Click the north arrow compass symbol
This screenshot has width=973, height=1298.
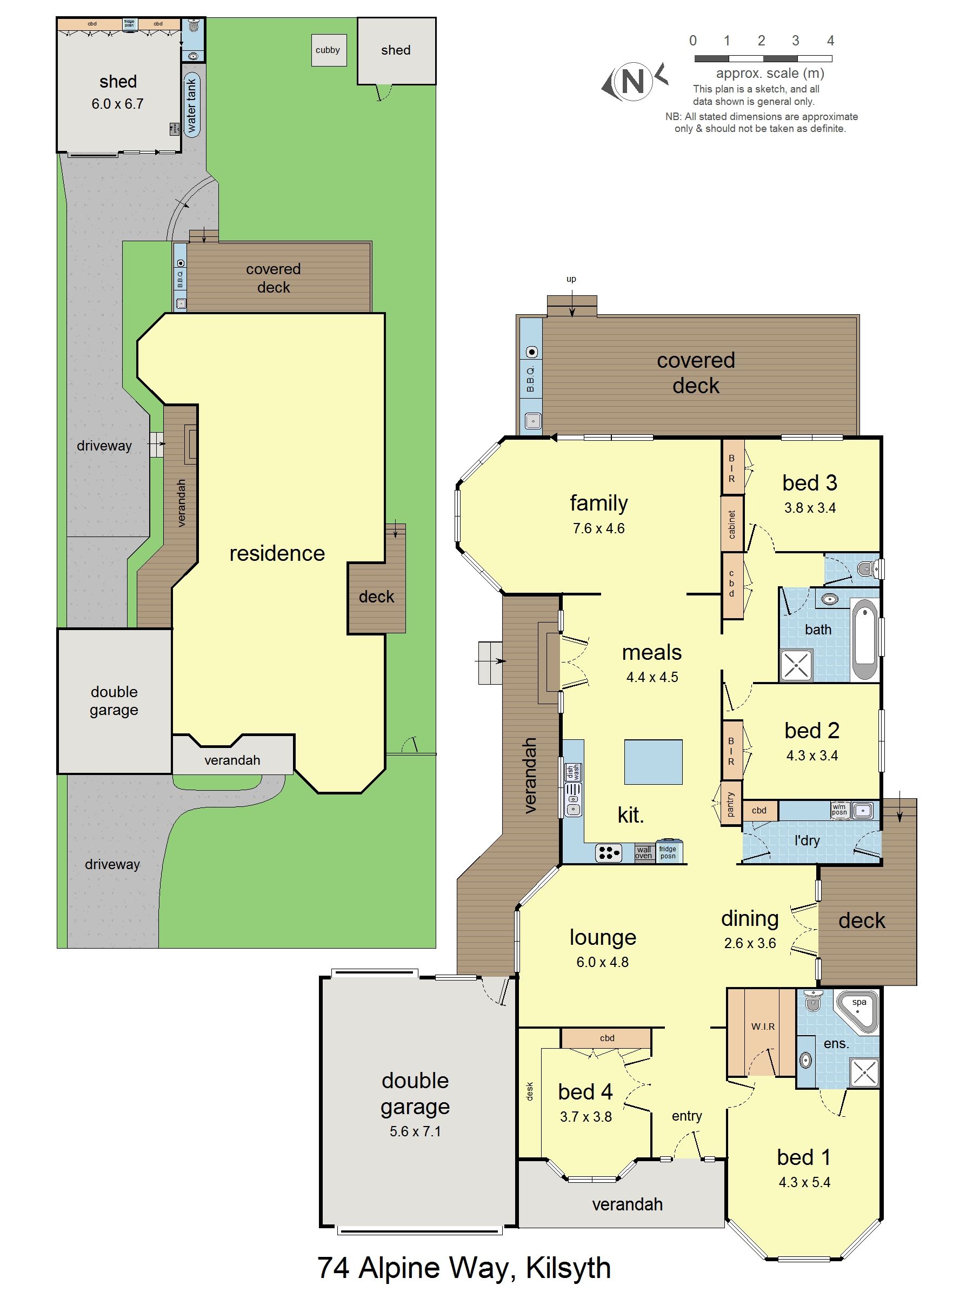coord(633,81)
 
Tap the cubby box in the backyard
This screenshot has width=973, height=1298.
coord(327,50)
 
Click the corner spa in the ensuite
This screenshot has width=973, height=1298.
coord(857,1012)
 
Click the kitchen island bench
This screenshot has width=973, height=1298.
coord(653,761)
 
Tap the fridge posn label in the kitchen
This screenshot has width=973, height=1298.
coord(668,852)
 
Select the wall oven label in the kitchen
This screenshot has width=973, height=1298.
coord(643,852)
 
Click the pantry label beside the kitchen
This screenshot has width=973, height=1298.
coord(730,804)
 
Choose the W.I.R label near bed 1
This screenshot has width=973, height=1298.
coord(762,1027)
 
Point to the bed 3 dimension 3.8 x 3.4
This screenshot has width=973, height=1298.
coord(809,508)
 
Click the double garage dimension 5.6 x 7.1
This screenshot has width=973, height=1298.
coord(415,1131)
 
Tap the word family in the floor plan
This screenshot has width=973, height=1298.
coord(598,503)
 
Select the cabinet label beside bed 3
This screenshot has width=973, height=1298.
coord(732,524)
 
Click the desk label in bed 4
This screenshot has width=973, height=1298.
coord(530,1090)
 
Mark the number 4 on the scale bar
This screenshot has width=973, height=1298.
coord(830,41)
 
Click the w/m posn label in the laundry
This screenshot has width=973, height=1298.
coord(839,810)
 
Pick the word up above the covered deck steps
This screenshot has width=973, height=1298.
coord(571,279)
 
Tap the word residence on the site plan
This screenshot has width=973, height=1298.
coord(277,553)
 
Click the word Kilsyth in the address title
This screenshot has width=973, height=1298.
coord(568,1268)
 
